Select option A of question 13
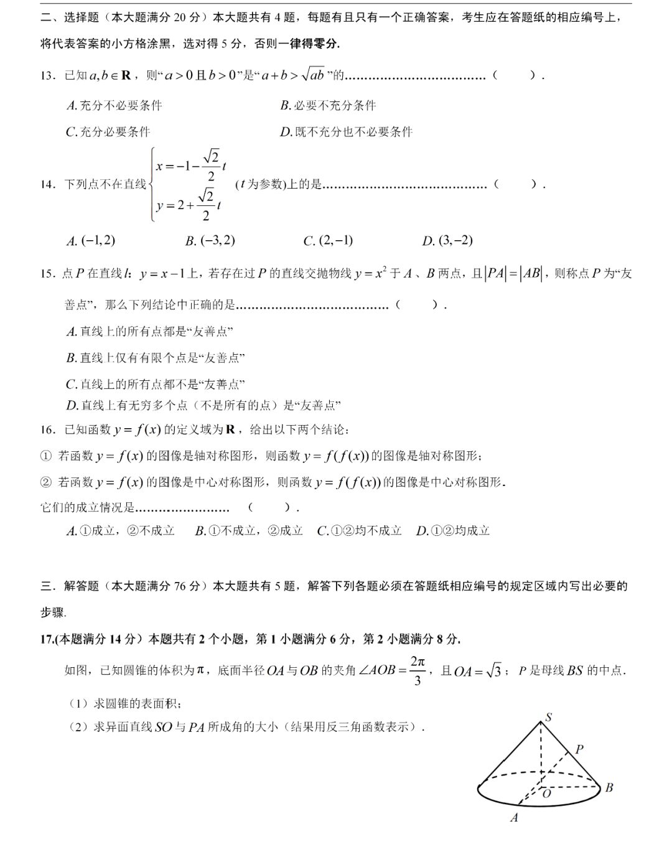coord(114,106)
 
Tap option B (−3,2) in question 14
coord(210,241)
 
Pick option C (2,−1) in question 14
coord(328,241)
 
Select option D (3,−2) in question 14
coord(447,241)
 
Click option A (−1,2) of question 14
coord(91,241)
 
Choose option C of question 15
coord(156,384)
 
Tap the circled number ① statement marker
coord(46,456)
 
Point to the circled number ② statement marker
coord(46,482)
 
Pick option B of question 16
coord(249,531)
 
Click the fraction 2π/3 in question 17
coord(418,671)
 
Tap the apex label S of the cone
coord(548,717)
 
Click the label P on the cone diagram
coord(579,749)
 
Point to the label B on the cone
coord(609,787)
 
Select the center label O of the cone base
coord(547,794)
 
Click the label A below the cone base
coord(514,818)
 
